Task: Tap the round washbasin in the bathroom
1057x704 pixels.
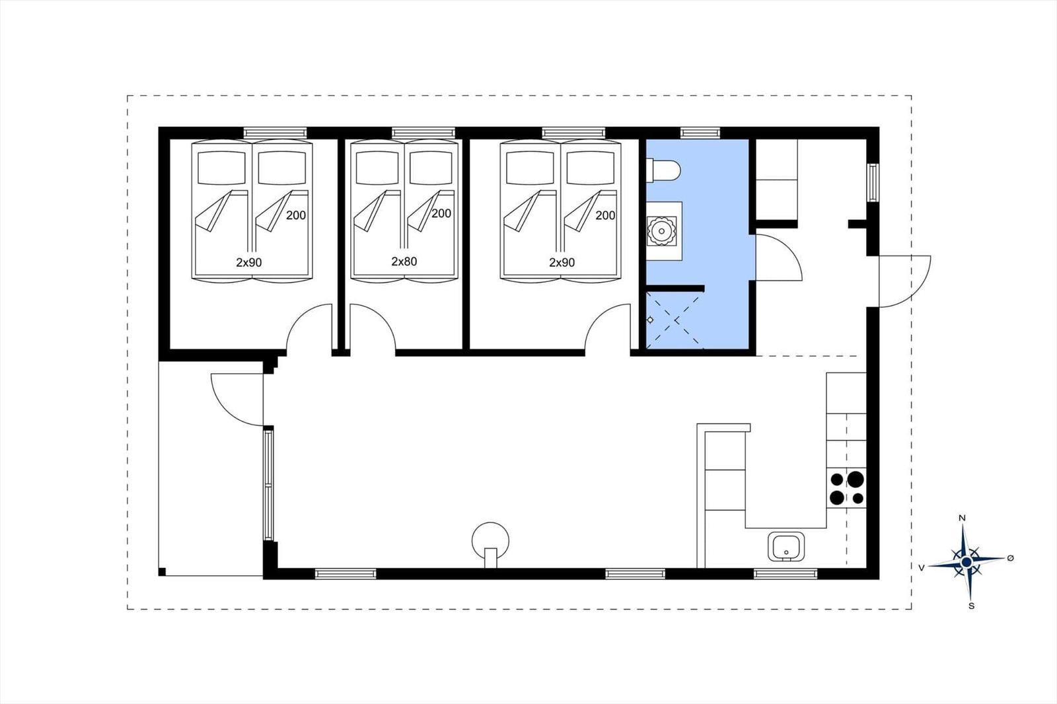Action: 661,230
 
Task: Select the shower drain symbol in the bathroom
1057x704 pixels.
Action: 650,320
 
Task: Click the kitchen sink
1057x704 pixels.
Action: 785,547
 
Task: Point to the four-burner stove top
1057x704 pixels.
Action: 846,488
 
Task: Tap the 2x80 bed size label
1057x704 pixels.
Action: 404,262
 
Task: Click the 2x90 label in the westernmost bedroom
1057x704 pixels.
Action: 248,262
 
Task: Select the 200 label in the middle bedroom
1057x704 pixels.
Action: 441,213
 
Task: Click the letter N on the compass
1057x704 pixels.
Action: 963,518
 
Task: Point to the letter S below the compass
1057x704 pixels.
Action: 971,606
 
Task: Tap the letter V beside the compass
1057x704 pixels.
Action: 921,568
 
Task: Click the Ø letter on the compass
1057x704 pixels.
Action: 1010,558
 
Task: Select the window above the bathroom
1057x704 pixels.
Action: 700,133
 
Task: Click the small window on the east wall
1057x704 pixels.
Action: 873,183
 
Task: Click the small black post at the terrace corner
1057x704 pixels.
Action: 162,572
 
